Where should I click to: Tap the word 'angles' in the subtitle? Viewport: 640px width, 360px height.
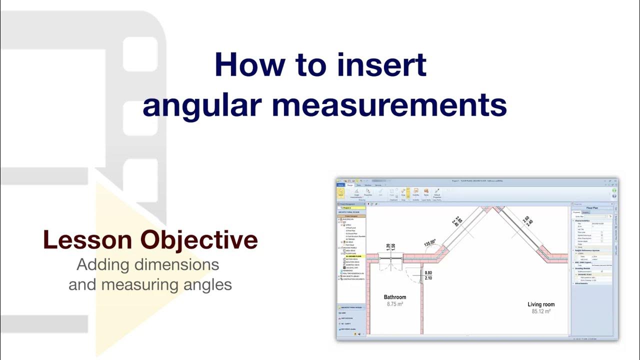(207, 285)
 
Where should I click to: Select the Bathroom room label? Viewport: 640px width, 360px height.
(394, 297)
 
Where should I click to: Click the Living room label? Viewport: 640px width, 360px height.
(541, 304)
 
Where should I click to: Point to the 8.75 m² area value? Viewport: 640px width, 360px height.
(394, 304)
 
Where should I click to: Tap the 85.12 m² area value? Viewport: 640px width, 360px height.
(541, 311)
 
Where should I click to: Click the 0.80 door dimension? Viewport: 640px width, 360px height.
(428, 273)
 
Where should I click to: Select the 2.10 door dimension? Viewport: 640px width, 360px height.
(428, 278)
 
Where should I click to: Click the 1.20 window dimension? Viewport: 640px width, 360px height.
(387, 247)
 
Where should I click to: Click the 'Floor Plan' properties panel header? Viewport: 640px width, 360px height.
(592, 207)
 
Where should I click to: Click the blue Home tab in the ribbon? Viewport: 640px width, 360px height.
(340, 185)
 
